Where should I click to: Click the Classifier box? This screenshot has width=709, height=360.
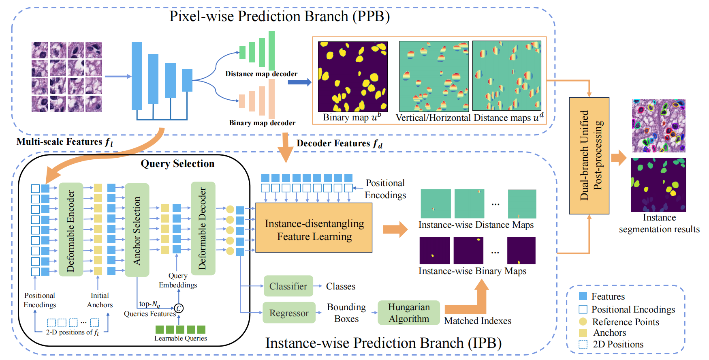(x=288, y=286)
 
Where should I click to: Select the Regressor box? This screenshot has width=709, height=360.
(x=289, y=313)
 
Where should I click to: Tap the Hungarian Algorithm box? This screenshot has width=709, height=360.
(x=409, y=313)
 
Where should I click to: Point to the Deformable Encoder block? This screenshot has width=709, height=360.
(x=71, y=229)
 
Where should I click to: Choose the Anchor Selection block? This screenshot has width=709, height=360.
(x=137, y=230)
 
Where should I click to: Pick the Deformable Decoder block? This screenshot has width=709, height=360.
(x=203, y=229)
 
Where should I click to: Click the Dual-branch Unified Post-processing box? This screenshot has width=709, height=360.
(x=589, y=156)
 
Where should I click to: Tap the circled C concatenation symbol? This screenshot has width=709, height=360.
(x=179, y=309)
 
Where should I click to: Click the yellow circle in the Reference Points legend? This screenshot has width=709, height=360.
(x=583, y=321)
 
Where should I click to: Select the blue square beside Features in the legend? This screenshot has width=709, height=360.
(x=583, y=296)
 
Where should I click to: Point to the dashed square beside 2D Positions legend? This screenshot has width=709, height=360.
(x=583, y=344)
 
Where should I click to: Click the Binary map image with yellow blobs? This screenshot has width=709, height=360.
(x=353, y=77)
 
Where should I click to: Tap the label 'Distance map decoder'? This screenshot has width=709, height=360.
(x=261, y=74)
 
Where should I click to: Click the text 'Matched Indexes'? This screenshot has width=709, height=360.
(x=478, y=321)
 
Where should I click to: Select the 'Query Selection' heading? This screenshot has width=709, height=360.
(x=177, y=163)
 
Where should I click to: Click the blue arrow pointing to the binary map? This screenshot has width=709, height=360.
(x=300, y=82)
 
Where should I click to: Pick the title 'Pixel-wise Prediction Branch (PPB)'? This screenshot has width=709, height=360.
(x=280, y=16)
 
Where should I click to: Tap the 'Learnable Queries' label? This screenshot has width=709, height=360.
(x=181, y=338)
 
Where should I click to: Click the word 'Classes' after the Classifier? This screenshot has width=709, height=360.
(x=341, y=286)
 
